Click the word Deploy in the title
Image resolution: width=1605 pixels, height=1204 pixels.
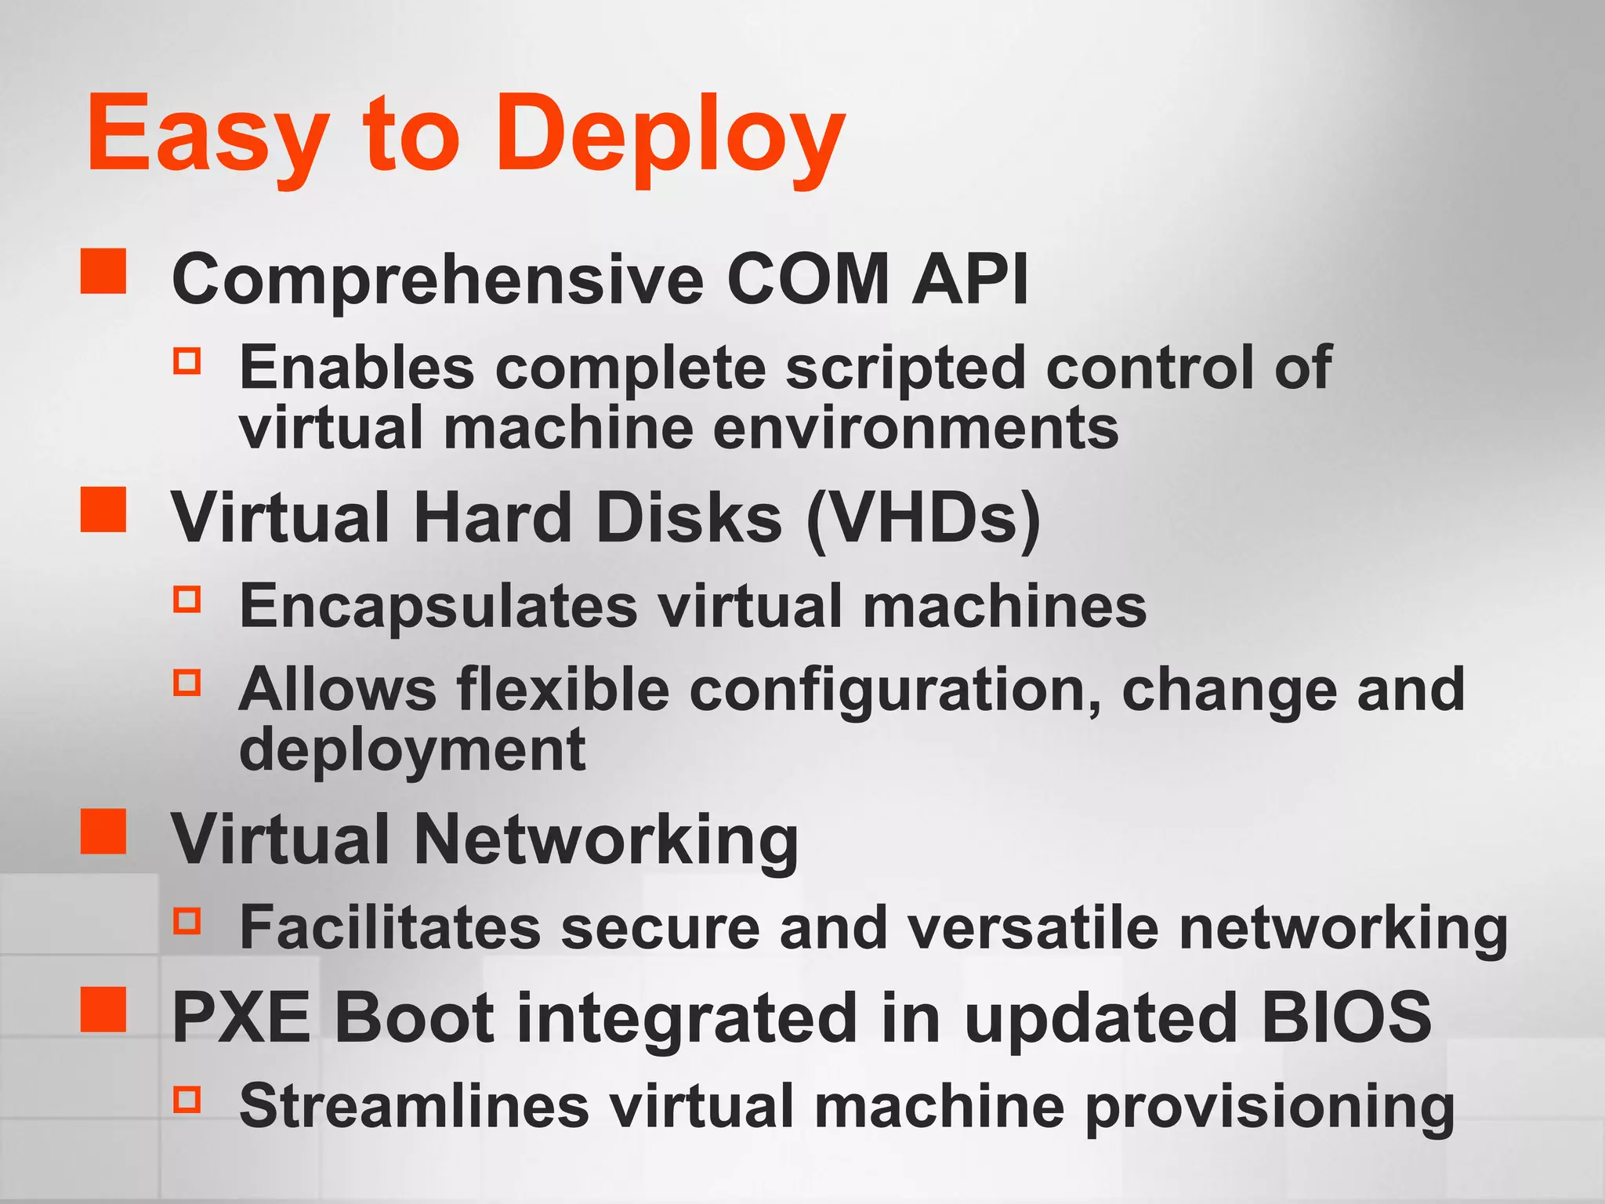click(671, 135)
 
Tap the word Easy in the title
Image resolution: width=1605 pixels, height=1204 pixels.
click(208, 135)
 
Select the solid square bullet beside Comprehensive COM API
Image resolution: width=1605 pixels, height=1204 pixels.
click(103, 271)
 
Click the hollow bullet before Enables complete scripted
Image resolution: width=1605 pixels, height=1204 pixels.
click(187, 361)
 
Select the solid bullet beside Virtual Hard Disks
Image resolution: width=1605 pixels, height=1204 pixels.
click(103, 510)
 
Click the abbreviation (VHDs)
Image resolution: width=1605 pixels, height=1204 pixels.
click(923, 518)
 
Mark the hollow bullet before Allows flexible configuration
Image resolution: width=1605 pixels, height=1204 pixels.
click(187, 682)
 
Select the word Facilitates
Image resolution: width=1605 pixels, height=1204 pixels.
click(390, 928)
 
